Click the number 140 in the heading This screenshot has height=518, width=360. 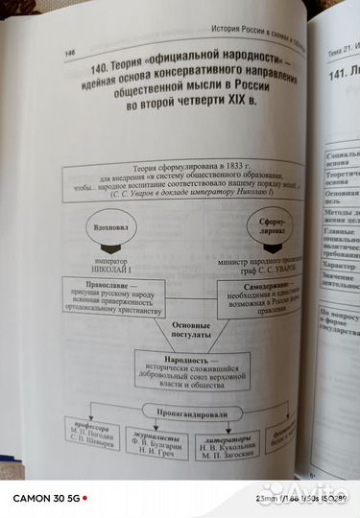pos(108,69)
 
